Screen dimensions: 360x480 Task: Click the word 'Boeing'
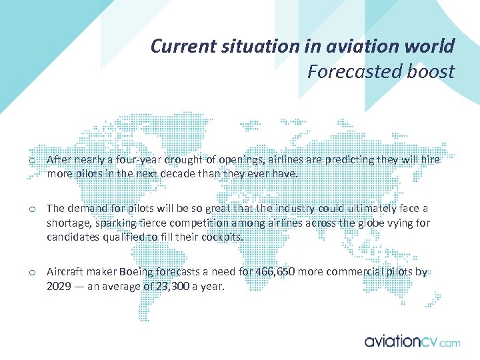pos(137,272)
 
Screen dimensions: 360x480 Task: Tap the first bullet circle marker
pos(32,161)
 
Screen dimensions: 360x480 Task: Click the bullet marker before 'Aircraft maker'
pos(32,273)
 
